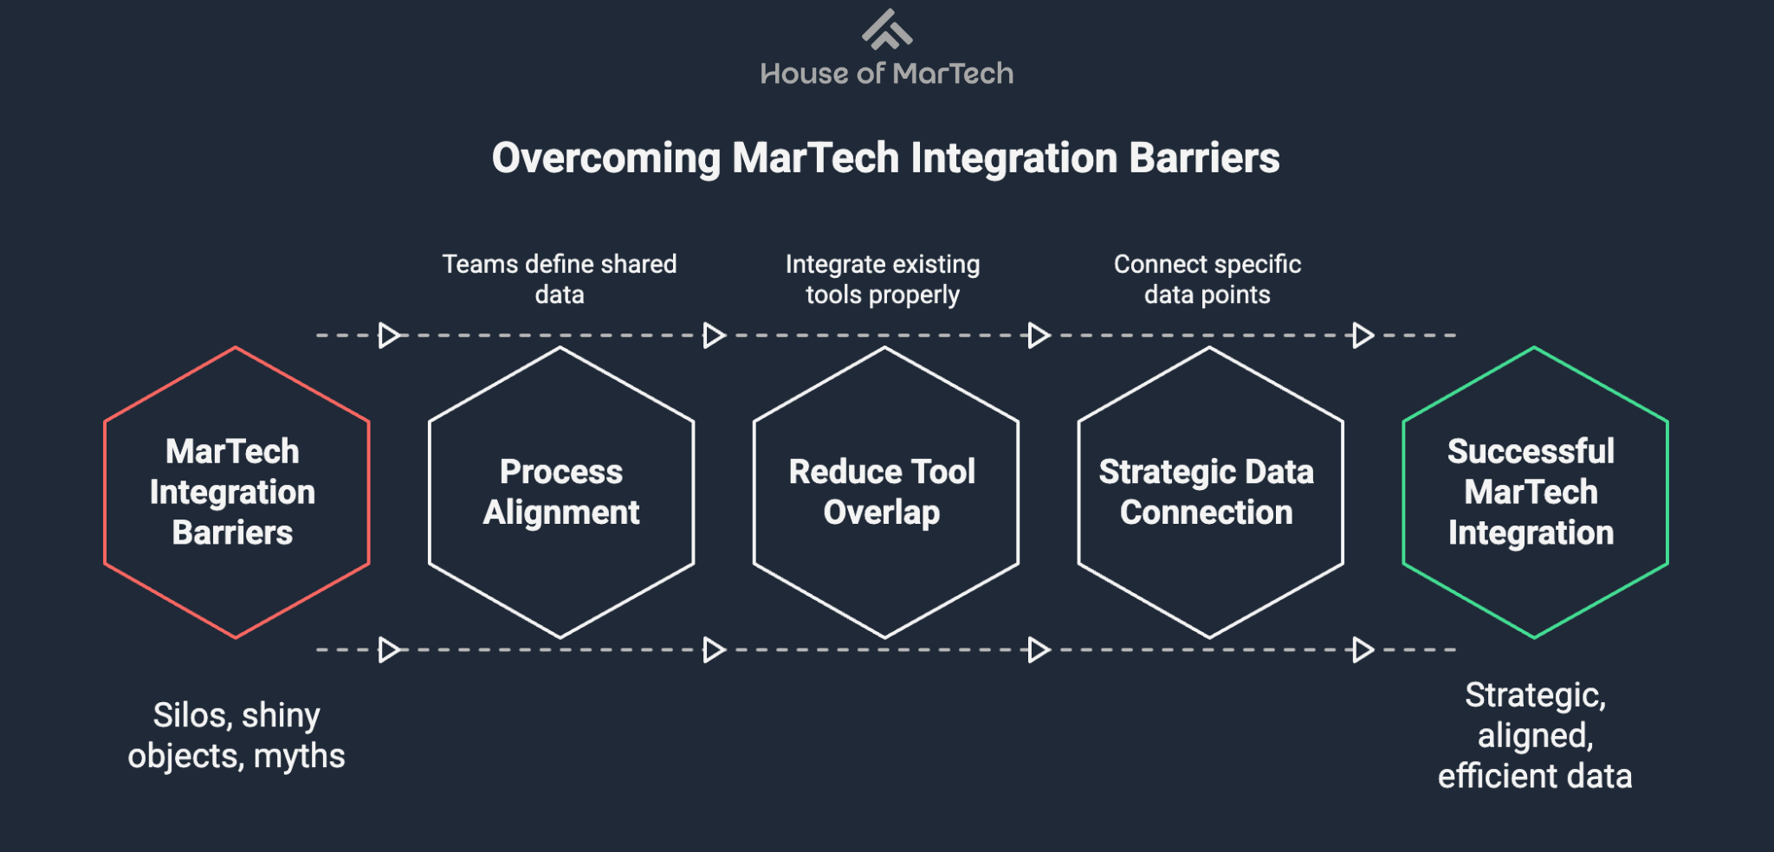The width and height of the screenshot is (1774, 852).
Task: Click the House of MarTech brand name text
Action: pyautogui.click(x=886, y=74)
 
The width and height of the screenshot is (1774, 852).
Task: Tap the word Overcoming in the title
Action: pyautogui.click(x=605, y=158)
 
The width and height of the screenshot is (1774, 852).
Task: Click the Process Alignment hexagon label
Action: pyautogui.click(x=561, y=492)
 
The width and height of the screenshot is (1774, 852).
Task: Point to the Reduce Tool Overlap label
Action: pyautogui.click(x=882, y=492)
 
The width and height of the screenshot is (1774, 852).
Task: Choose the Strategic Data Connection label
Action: pyautogui.click(x=1207, y=492)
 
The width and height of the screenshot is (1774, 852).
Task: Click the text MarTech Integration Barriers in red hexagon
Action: pyautogui.click(x=232, y=492)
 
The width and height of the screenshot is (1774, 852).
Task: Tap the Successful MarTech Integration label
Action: pyautogui.click(x=1531, y=492)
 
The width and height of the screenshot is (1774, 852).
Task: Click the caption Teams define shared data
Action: pyautogui.click(x=560, y=279)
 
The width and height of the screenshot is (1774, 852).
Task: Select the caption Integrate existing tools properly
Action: pyautogui.click(x=883, y=279)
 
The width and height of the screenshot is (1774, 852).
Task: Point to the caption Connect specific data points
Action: pyautogui.click(x=1207, y=279)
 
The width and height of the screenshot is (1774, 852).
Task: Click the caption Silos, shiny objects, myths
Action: pyautogui.click(x=236, y=736)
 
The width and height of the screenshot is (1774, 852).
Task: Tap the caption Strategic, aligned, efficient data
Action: pyautogui.click(x=1535, y=736)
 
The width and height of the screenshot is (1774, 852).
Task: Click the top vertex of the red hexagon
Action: pyautogui.click(x=236, y=348)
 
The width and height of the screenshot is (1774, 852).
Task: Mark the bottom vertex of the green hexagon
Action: pyautogui.click(x=1534, y=637)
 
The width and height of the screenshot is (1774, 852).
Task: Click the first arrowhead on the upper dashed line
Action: pyautogui.click(x=389, y=335)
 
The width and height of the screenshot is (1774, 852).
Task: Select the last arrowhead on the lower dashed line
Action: pyautogui.click(x=1363, y=649)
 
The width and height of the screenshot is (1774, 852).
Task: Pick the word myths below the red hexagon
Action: pyautogui.click(x=300, y=757)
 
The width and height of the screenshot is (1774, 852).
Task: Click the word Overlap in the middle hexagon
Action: pyautogui.click(x=882, y=513)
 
